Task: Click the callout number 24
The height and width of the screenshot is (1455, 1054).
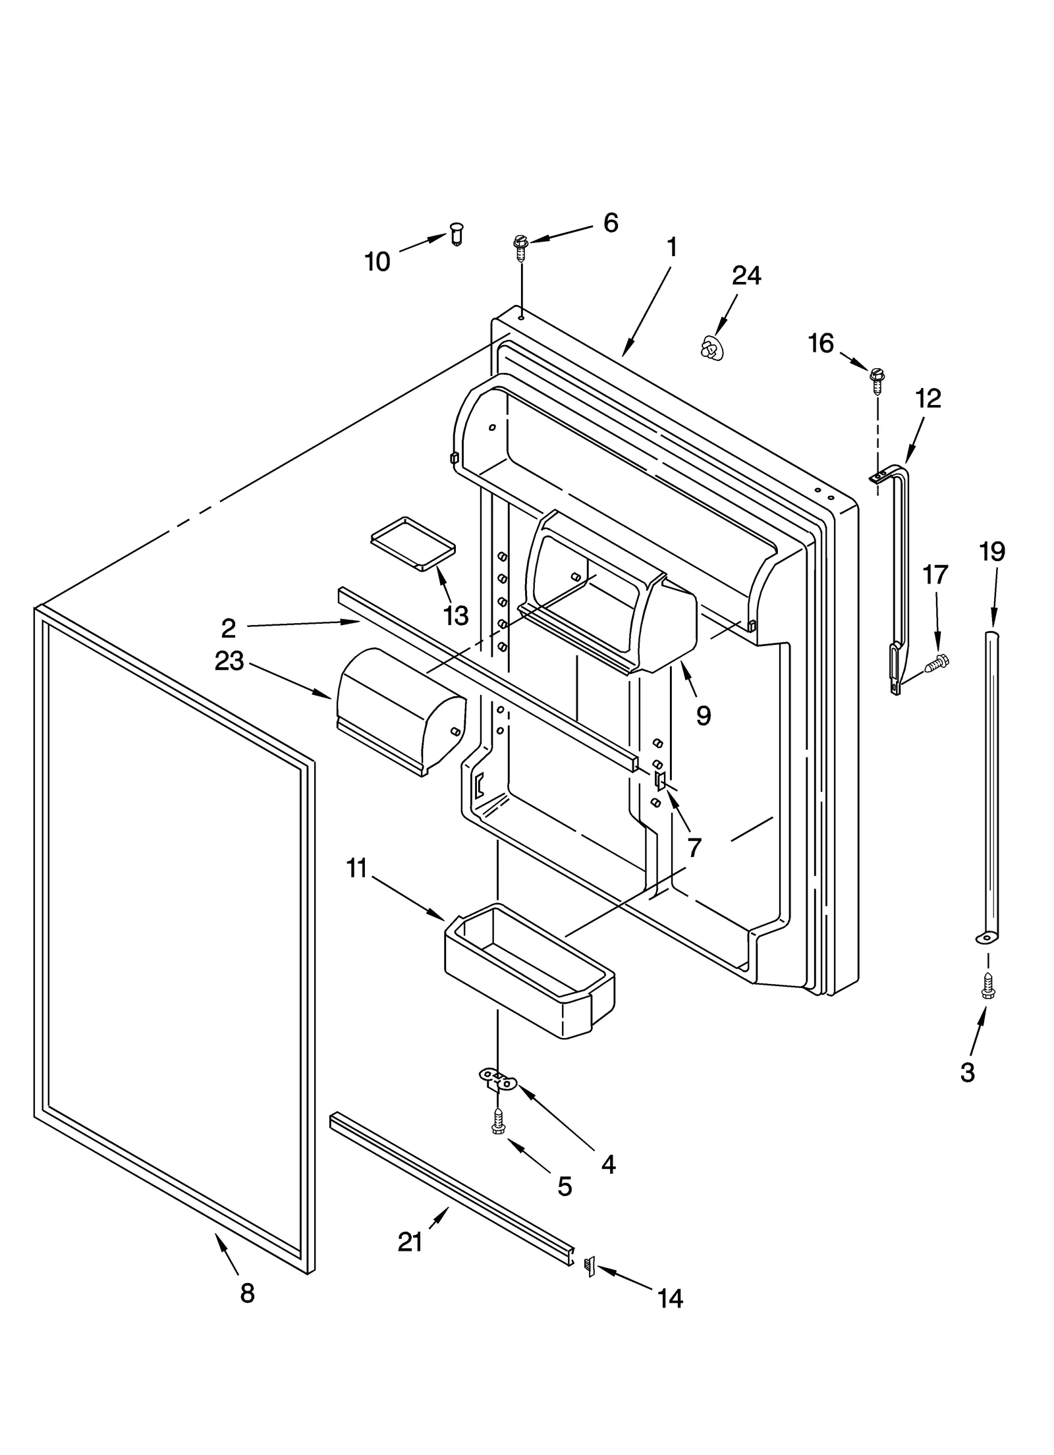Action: tap(746, 276)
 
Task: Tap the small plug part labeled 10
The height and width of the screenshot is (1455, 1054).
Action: tap(456, 234)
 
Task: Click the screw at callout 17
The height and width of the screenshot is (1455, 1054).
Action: tap(935, 663)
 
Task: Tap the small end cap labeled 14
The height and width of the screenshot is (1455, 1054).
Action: tap(590, 1266)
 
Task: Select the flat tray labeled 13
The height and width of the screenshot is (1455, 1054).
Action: tap(412, 541)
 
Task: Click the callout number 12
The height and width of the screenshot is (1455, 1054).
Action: tap(928, 398)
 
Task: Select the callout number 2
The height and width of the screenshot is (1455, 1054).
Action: tap(228, 628)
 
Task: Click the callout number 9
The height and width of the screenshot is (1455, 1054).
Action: tap(703, 715)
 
